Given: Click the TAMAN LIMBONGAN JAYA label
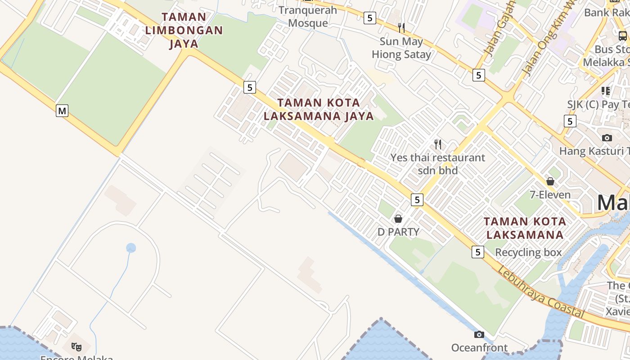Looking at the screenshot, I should click(184, 30).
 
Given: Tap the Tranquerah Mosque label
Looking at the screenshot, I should click(308, 17).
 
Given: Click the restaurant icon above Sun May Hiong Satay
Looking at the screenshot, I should click(401, 28).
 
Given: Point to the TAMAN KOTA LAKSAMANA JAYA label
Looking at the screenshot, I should click(319, 109).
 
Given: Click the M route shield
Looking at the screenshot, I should click(62, 110).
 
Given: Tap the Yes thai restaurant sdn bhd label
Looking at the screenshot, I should click(437, 164).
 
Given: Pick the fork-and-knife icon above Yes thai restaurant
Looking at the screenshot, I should click(437, 144).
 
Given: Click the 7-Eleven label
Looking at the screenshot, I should click(550, 195).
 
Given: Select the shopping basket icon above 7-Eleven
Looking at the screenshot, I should click(550, 181).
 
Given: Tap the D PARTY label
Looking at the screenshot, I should click(398, 232).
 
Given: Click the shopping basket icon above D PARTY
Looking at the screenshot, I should click(398, 219).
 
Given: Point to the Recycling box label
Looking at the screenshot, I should click(528, 252).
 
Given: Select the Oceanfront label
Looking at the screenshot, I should click(479, 348).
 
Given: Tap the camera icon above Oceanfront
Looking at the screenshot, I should click(479, 334).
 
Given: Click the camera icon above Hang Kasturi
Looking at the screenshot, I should click(607, 138).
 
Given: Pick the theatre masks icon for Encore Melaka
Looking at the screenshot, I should click(76, 346).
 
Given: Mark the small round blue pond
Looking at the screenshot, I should click(131, 247).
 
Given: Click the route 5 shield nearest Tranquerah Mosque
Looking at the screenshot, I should click(369, 18).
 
